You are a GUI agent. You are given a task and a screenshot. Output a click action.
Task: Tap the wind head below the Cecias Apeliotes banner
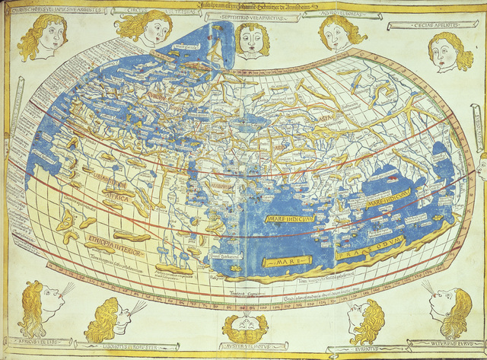point(451,51)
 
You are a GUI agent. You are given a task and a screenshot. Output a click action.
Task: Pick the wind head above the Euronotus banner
point(364,320)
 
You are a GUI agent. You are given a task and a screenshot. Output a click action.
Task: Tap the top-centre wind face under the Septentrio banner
point(252,38)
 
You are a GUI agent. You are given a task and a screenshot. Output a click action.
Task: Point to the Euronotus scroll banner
point(364,351)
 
